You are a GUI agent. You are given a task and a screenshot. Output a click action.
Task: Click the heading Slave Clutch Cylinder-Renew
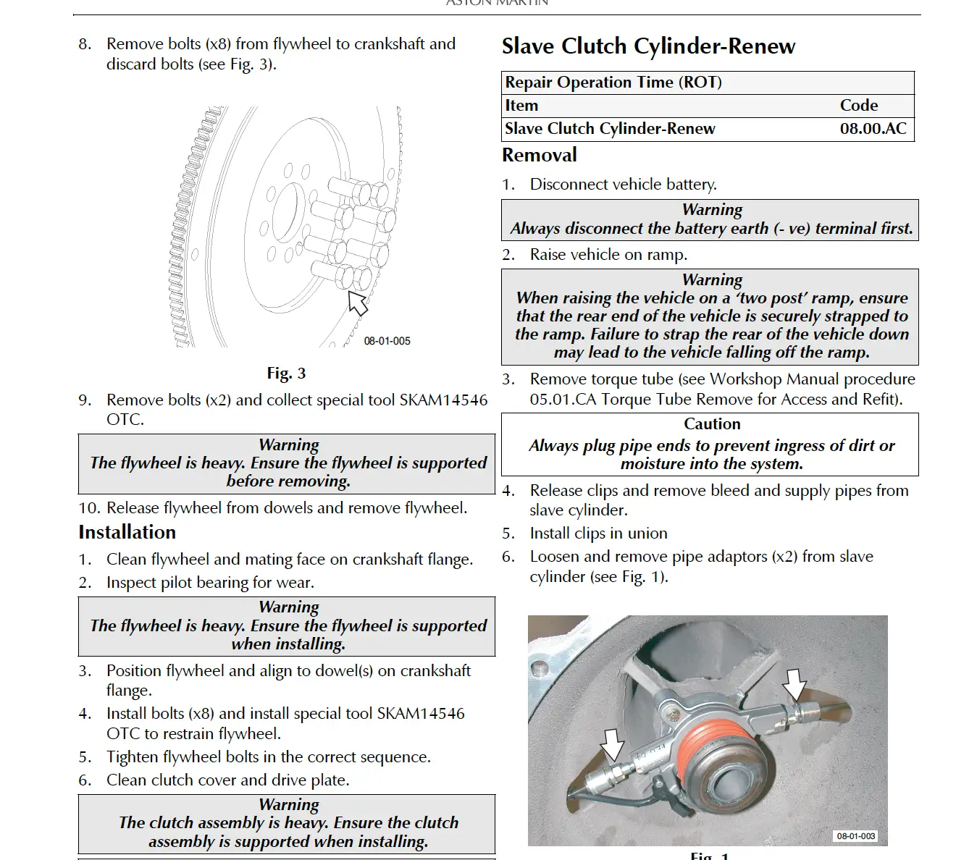(648, 46)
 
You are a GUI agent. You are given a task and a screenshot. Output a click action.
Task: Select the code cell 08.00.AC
(873, 129)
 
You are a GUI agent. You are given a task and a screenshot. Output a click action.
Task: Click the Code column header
(858, 106)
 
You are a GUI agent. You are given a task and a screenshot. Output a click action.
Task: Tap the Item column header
(521, 106)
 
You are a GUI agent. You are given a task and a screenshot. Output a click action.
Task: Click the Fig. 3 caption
(286, 374)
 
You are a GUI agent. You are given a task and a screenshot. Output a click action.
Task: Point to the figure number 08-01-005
(387, 341)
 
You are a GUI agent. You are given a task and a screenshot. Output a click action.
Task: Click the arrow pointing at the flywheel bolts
(358, 303)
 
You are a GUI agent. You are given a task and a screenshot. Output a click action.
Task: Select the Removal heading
(539, 155)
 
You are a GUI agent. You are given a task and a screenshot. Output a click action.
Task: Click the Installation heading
(127, 532)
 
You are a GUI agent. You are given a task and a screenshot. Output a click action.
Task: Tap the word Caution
(712, 424)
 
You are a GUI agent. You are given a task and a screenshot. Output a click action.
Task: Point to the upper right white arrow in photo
(794, 683)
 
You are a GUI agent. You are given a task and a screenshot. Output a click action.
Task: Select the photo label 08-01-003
(855, 836)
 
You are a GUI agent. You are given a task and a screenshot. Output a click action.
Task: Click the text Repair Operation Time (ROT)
(613, 83)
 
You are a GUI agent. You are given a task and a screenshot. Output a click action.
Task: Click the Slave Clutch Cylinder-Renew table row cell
(610, 129)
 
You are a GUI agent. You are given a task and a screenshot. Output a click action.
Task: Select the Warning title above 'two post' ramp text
(712, 279)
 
